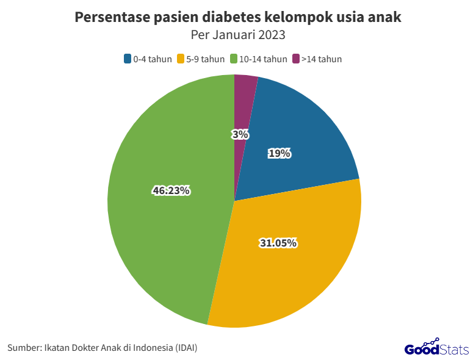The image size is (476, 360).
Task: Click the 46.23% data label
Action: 171,191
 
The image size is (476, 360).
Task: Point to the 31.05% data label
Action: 278,243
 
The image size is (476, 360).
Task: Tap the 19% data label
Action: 279,154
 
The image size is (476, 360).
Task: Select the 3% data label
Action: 240,134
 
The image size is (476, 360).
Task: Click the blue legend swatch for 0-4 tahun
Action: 128,59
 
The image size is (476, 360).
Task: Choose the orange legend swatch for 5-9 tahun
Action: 181,59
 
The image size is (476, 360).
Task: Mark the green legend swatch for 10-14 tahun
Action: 234,59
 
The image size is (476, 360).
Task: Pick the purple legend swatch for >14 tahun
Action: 296,59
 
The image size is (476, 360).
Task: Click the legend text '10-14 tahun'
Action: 263,59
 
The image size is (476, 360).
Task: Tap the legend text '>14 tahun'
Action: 322,59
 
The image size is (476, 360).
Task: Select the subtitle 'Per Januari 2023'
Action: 238,35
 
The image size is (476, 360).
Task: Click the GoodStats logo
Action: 436,348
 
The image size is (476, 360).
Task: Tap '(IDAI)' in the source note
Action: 186,348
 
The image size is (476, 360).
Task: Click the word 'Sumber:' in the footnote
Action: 24,348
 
